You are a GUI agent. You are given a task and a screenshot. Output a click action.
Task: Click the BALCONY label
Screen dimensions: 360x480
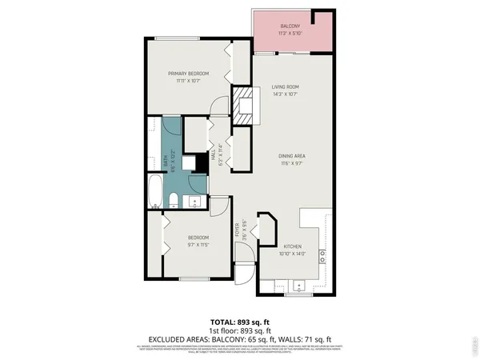click(x=290, y=26)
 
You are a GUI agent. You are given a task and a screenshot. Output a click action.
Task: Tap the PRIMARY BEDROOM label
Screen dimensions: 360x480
click(x=182, y=73)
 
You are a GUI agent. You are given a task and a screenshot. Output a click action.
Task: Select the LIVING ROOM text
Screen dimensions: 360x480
click(x=285, y=86)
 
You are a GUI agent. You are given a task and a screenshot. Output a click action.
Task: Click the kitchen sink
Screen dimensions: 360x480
click(x=298, y=284)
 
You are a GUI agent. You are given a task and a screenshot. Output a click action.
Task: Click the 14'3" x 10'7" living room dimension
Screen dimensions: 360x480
click(x=285, y=94)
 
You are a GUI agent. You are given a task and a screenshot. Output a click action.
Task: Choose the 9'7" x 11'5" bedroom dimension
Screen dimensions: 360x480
click(x=198, y=244)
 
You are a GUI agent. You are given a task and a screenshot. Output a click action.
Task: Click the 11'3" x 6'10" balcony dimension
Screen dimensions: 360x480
click(x=290, y=34)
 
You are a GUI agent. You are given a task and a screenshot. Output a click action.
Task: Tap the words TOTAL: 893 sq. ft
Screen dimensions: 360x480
click(x=240, y=322)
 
